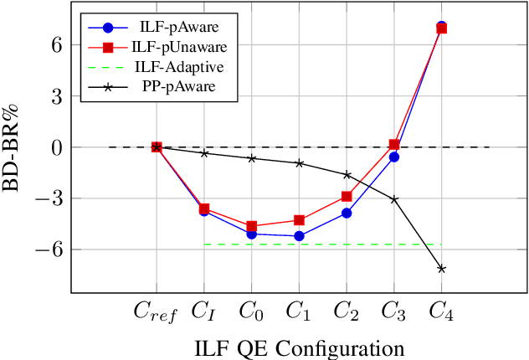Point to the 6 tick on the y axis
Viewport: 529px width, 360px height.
tap(56, 45)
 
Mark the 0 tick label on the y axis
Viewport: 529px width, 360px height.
tap(56, 147)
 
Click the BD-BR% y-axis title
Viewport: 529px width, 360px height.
tap(18, 147)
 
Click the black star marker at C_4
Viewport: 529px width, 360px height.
tap(442, 269)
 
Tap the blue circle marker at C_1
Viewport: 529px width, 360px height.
tap(299, 236)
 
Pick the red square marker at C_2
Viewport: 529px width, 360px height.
tap(347, 197)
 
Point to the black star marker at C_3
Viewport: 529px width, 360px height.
tap(394, 199)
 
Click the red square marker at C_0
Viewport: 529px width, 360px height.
tap(251, 226)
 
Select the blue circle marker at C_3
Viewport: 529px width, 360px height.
tap(394, 157)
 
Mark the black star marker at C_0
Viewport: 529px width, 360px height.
tap(251, 158)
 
